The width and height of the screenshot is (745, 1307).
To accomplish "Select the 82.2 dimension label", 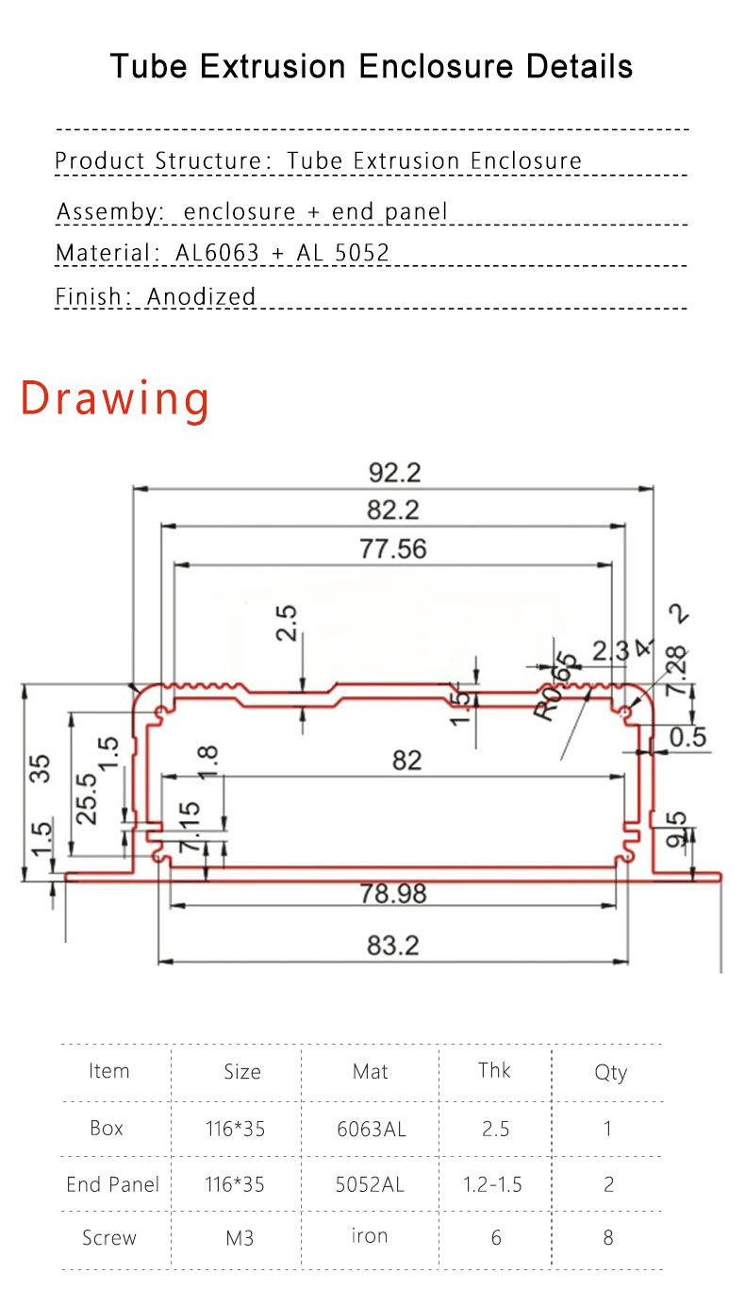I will [392, 510].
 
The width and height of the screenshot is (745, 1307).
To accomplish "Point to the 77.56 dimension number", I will [392, 548].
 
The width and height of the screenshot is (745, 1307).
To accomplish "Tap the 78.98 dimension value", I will [392, 893].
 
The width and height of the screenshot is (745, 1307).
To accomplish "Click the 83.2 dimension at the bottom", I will [392, 945].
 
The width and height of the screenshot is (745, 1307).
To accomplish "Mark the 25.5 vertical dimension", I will [86, 797].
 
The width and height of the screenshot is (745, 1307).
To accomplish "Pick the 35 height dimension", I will [41, 768].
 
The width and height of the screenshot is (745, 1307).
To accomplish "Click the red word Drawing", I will [115, 398].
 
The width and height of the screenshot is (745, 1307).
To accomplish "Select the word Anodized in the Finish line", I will [201, 296].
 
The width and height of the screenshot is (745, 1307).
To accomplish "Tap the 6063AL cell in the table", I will [372, 1129].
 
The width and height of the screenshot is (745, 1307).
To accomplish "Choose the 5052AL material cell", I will [370, 1184].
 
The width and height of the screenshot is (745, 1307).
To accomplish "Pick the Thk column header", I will [494, 1070].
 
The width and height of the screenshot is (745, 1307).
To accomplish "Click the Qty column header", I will [610, 1072].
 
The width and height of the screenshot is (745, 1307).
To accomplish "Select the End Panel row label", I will [112, 1184].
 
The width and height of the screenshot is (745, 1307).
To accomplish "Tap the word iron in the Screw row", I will [370, 1235].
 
